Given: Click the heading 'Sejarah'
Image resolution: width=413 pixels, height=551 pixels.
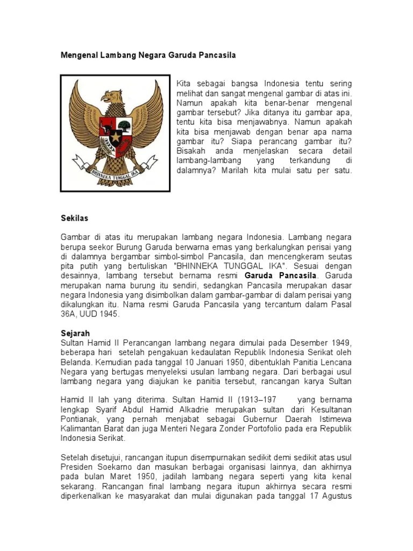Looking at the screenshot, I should (75, 334).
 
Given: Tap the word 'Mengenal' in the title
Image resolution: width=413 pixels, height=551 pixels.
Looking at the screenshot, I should (78, 55).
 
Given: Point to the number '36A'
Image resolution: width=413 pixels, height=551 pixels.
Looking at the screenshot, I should (69, 314).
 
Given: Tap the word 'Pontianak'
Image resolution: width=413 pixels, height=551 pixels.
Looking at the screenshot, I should (79, 419).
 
